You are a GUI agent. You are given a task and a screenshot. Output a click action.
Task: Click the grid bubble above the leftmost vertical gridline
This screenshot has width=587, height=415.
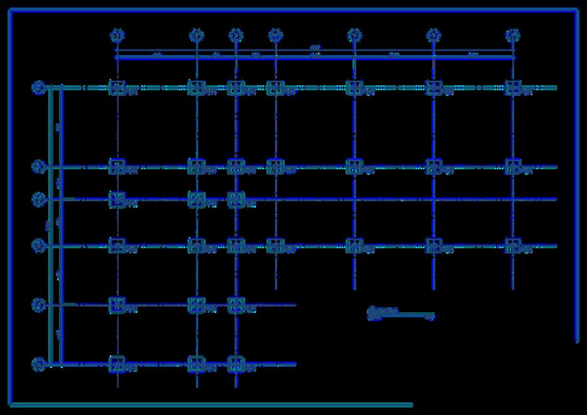point(117,35)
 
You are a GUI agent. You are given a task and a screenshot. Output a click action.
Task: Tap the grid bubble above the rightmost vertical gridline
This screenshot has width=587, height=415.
point(513,35)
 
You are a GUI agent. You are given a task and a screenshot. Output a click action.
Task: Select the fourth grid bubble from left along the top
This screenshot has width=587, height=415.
point(275,35)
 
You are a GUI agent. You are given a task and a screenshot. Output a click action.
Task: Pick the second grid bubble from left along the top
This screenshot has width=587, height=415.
point(196,35)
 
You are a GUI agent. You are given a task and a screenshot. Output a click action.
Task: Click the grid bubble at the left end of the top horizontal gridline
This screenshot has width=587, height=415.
point(39,88)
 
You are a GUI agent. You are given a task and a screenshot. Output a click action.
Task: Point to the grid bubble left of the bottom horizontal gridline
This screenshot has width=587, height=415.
point(39,364)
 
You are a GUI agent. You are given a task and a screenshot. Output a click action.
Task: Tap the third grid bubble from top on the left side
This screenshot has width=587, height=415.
point(39,199)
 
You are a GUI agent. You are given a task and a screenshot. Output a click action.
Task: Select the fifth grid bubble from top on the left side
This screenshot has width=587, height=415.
point(39,305)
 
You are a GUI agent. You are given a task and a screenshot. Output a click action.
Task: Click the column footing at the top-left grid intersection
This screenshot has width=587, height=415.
point(117,88)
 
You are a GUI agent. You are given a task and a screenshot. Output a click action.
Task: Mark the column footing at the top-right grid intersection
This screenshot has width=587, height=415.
point(513,88)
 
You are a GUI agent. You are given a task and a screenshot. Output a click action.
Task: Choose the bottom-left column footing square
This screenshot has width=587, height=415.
point(117,364)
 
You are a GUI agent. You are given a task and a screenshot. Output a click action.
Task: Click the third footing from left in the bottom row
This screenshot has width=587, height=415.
point(236,364)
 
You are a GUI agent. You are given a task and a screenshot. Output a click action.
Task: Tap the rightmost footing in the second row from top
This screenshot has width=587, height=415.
point(513,167)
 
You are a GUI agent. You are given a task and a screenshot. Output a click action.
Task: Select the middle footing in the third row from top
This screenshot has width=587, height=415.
point(196,199)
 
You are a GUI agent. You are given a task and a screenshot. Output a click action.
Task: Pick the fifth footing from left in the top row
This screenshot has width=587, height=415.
point(354,88)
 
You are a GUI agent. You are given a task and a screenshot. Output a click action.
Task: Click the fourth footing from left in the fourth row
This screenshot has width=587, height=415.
point(275,246)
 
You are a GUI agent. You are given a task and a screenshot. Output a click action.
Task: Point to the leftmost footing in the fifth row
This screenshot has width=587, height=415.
point(117,305)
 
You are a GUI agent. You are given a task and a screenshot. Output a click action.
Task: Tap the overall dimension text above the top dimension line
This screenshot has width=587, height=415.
point(315,48)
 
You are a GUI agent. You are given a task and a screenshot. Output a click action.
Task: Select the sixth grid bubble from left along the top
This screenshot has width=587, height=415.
point(433,35)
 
